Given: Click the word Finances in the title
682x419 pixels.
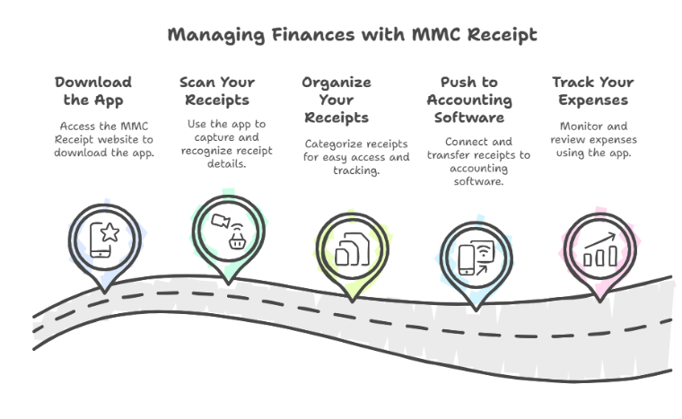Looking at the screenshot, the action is [x=313, y=35].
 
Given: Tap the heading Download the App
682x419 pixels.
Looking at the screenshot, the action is [x=93, y=91].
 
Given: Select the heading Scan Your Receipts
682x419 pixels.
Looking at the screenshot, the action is [x=217, y=91].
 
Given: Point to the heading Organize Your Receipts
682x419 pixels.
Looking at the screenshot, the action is [x=337, y=100].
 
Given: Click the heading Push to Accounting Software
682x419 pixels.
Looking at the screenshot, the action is [x=469, y=100].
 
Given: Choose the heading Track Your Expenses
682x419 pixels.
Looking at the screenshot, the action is [x=593, y=91].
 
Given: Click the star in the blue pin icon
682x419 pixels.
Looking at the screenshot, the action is [x=110, y=232].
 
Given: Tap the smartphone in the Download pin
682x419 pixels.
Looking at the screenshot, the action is [x=100, y=240].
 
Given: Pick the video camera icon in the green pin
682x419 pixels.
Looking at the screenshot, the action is [x=221, y=221].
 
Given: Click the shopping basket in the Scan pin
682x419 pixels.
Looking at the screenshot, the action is [x=238, y=240].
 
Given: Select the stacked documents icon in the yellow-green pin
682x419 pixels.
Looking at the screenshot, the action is [x=353, y=249].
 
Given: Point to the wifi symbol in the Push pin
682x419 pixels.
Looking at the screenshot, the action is [x=484, y=250].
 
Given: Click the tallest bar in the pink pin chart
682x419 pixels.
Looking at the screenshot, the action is [x=613, y=256].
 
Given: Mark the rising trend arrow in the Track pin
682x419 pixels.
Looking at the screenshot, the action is [x=599, y=240].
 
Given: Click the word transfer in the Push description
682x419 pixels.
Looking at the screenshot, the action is [x=450, y=155].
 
